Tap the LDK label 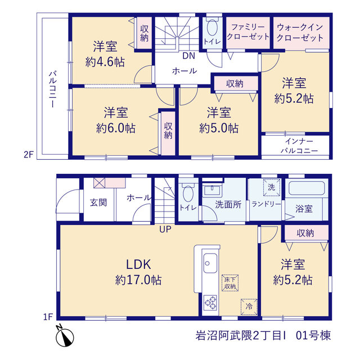pos(139,264)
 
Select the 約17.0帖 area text pos(138,280)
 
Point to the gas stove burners pos(210,303)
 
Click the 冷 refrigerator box pos(249,307)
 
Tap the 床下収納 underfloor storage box pos(230,283)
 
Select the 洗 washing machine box pos(272,187)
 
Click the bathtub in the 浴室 pos(307,188)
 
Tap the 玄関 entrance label pos(98,202)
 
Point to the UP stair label pos(165,229)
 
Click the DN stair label pos(189,56)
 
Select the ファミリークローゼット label pos(248,31)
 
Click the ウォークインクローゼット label pos(300,33)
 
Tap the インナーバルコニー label pos(299,146)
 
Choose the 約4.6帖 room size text pos(105,62)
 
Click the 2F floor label pos(29,155)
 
